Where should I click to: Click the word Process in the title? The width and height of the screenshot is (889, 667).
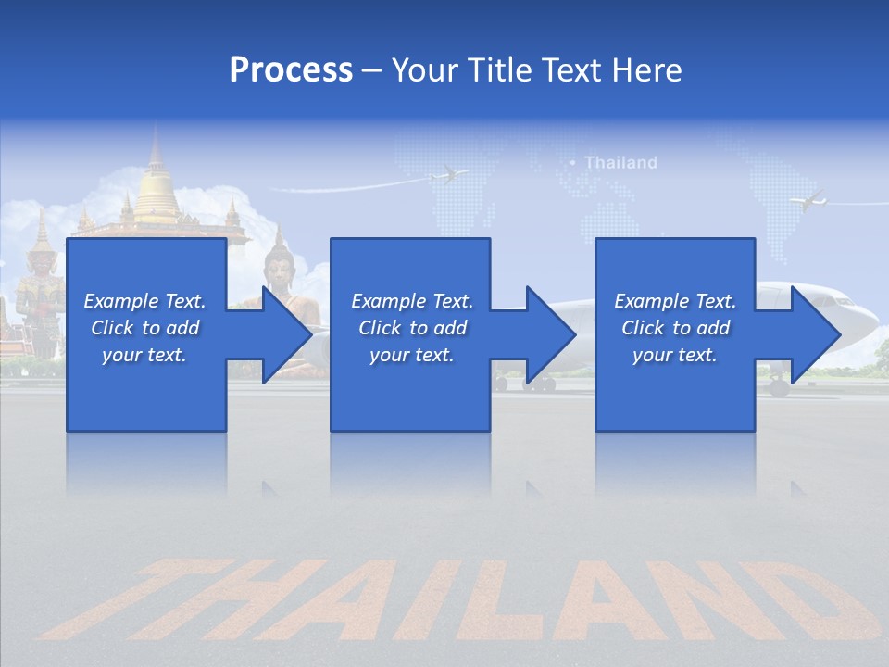tap(291, 69)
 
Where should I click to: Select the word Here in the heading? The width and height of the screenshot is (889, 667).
tap(647, 69)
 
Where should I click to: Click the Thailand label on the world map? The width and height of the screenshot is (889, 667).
tap(620, 163)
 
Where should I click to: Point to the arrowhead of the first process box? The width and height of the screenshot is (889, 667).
tap(287, 334)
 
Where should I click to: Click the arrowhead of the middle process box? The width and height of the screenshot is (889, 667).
tap(552, 334)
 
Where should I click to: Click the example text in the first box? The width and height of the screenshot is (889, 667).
tap(144, 328)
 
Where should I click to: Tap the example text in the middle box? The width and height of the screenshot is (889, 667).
tap(411, 328)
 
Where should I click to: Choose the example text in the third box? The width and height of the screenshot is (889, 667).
tap(674, 328)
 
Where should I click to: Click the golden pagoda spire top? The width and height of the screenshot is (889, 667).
tap(156, 139)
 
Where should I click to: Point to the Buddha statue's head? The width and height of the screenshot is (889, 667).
tap(278, 265)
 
